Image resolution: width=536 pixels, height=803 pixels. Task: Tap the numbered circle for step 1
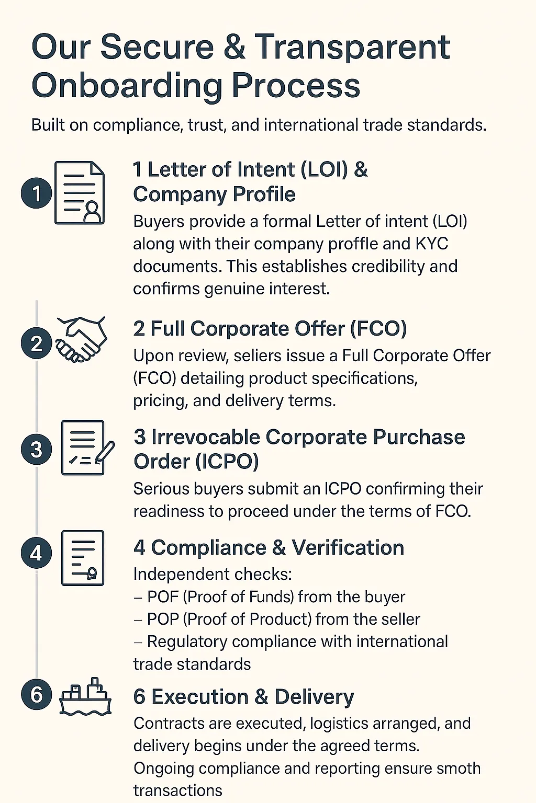click(x=36, y=193)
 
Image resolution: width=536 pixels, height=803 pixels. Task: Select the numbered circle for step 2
click(x=36, y=343)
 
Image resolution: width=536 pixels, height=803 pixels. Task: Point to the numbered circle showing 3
click(x=36, y=449)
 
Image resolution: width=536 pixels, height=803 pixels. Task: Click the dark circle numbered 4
click(x=36, y=553)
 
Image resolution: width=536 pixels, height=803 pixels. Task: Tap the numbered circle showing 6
click(x=36, y=694)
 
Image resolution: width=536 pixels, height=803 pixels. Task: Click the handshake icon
click(x=82, y=339)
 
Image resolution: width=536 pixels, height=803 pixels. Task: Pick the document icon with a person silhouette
click(x=80, y=193)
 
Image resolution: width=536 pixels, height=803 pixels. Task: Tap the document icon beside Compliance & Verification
click(x=83, y=558)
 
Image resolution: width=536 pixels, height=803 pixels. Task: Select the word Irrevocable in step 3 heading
click(x=205, y=437)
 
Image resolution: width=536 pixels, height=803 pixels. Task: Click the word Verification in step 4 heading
click(x=348, y=548)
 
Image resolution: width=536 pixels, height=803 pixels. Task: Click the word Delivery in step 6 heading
click(x=314, y=697)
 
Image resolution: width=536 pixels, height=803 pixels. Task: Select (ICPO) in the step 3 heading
click(x=227, y=462)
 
